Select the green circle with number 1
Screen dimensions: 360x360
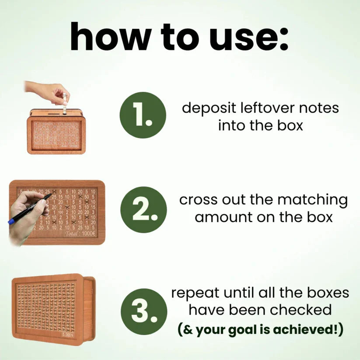[x=143, y=115]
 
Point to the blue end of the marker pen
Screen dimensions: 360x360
[x=11, y=221]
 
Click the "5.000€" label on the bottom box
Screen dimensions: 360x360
[x=68, y=336]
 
